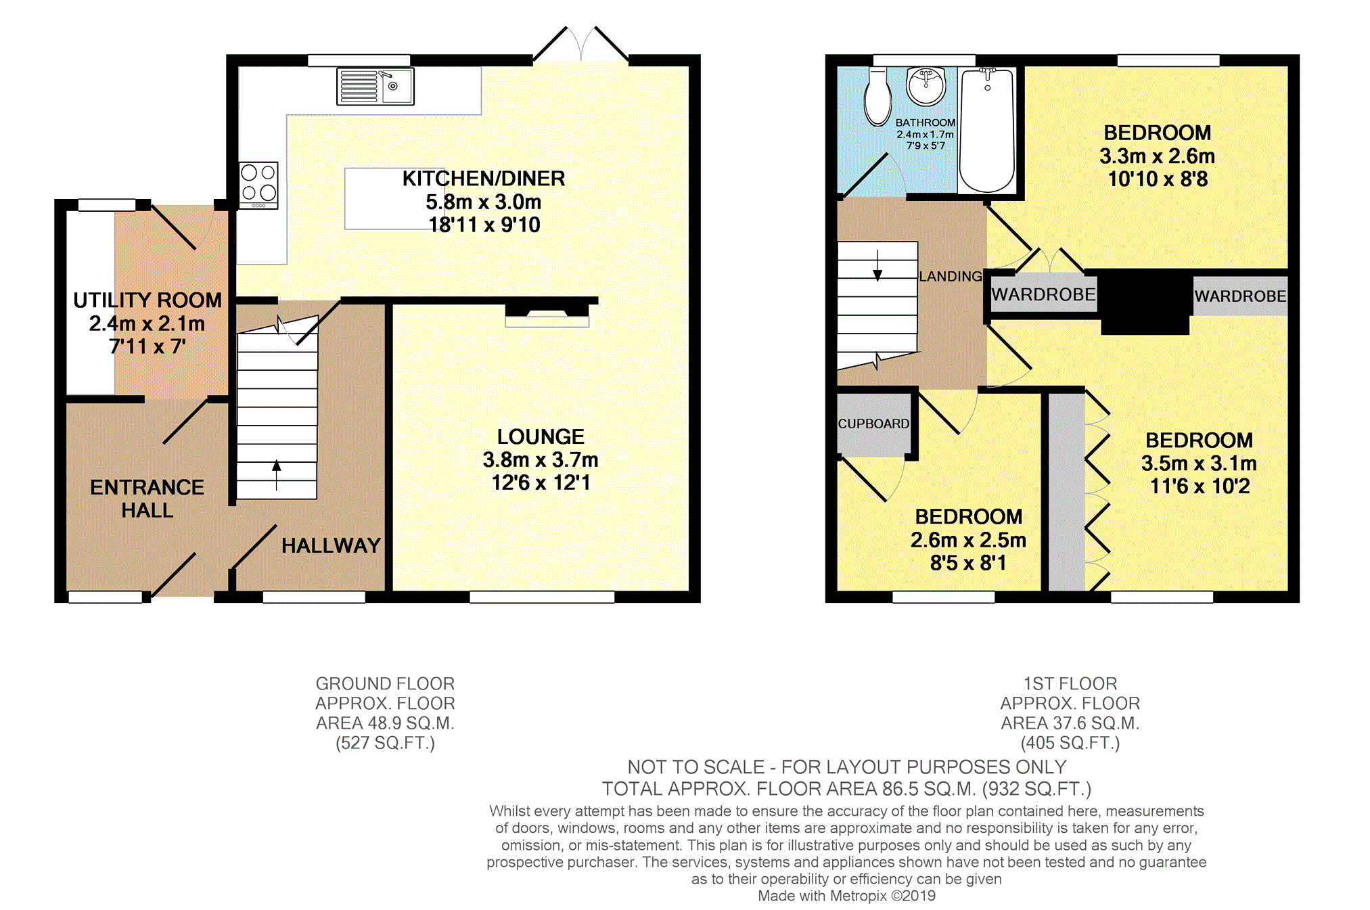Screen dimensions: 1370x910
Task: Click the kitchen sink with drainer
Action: point(375,86)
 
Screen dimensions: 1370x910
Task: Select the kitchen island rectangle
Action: point(394,199)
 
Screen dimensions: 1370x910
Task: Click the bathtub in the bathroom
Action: point(987,130)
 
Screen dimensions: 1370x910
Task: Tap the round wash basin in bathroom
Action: point(926,86)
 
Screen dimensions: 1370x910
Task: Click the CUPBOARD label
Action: point(873,424)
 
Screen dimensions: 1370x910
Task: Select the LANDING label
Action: point(950,276)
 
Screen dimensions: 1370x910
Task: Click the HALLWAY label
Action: point(331,545)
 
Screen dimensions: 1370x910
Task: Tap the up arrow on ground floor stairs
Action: point(276,475)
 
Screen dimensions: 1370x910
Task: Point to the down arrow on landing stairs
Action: point(877,265)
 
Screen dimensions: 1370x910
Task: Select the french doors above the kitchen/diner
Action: point(581,45)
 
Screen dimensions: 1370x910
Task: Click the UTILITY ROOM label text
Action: point(147,300)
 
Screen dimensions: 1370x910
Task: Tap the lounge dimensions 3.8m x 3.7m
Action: point(541,460)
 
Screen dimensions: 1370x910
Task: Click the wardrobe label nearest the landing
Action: point(1043,294)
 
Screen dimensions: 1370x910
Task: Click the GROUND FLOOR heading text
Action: point(385,683)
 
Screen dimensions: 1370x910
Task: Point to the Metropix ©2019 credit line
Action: point(846,896)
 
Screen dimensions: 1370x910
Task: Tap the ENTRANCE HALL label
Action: point(147,499)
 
